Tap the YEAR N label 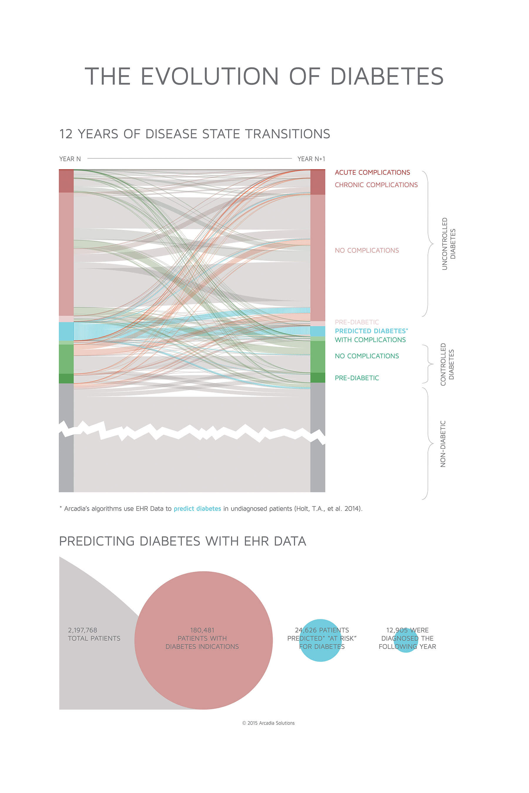pos(70,159)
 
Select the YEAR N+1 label pos(311,159)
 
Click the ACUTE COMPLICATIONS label pos(372,172)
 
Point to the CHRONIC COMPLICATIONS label pos(376,185)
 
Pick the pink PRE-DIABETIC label pos(356,322)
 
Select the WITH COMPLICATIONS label pos(370,340)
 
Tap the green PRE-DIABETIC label pos(356,378)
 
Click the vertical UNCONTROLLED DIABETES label pos(449,243)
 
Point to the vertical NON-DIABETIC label pos(443,444)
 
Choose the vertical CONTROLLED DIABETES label pos(447,364)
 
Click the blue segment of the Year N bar pos(66,331)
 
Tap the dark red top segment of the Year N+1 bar pos(317,182)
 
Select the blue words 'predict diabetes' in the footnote pos(197,508)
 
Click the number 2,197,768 pos(82,630)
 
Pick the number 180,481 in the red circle pos(202,630)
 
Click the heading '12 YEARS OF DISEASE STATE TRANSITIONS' pos(195,134)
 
